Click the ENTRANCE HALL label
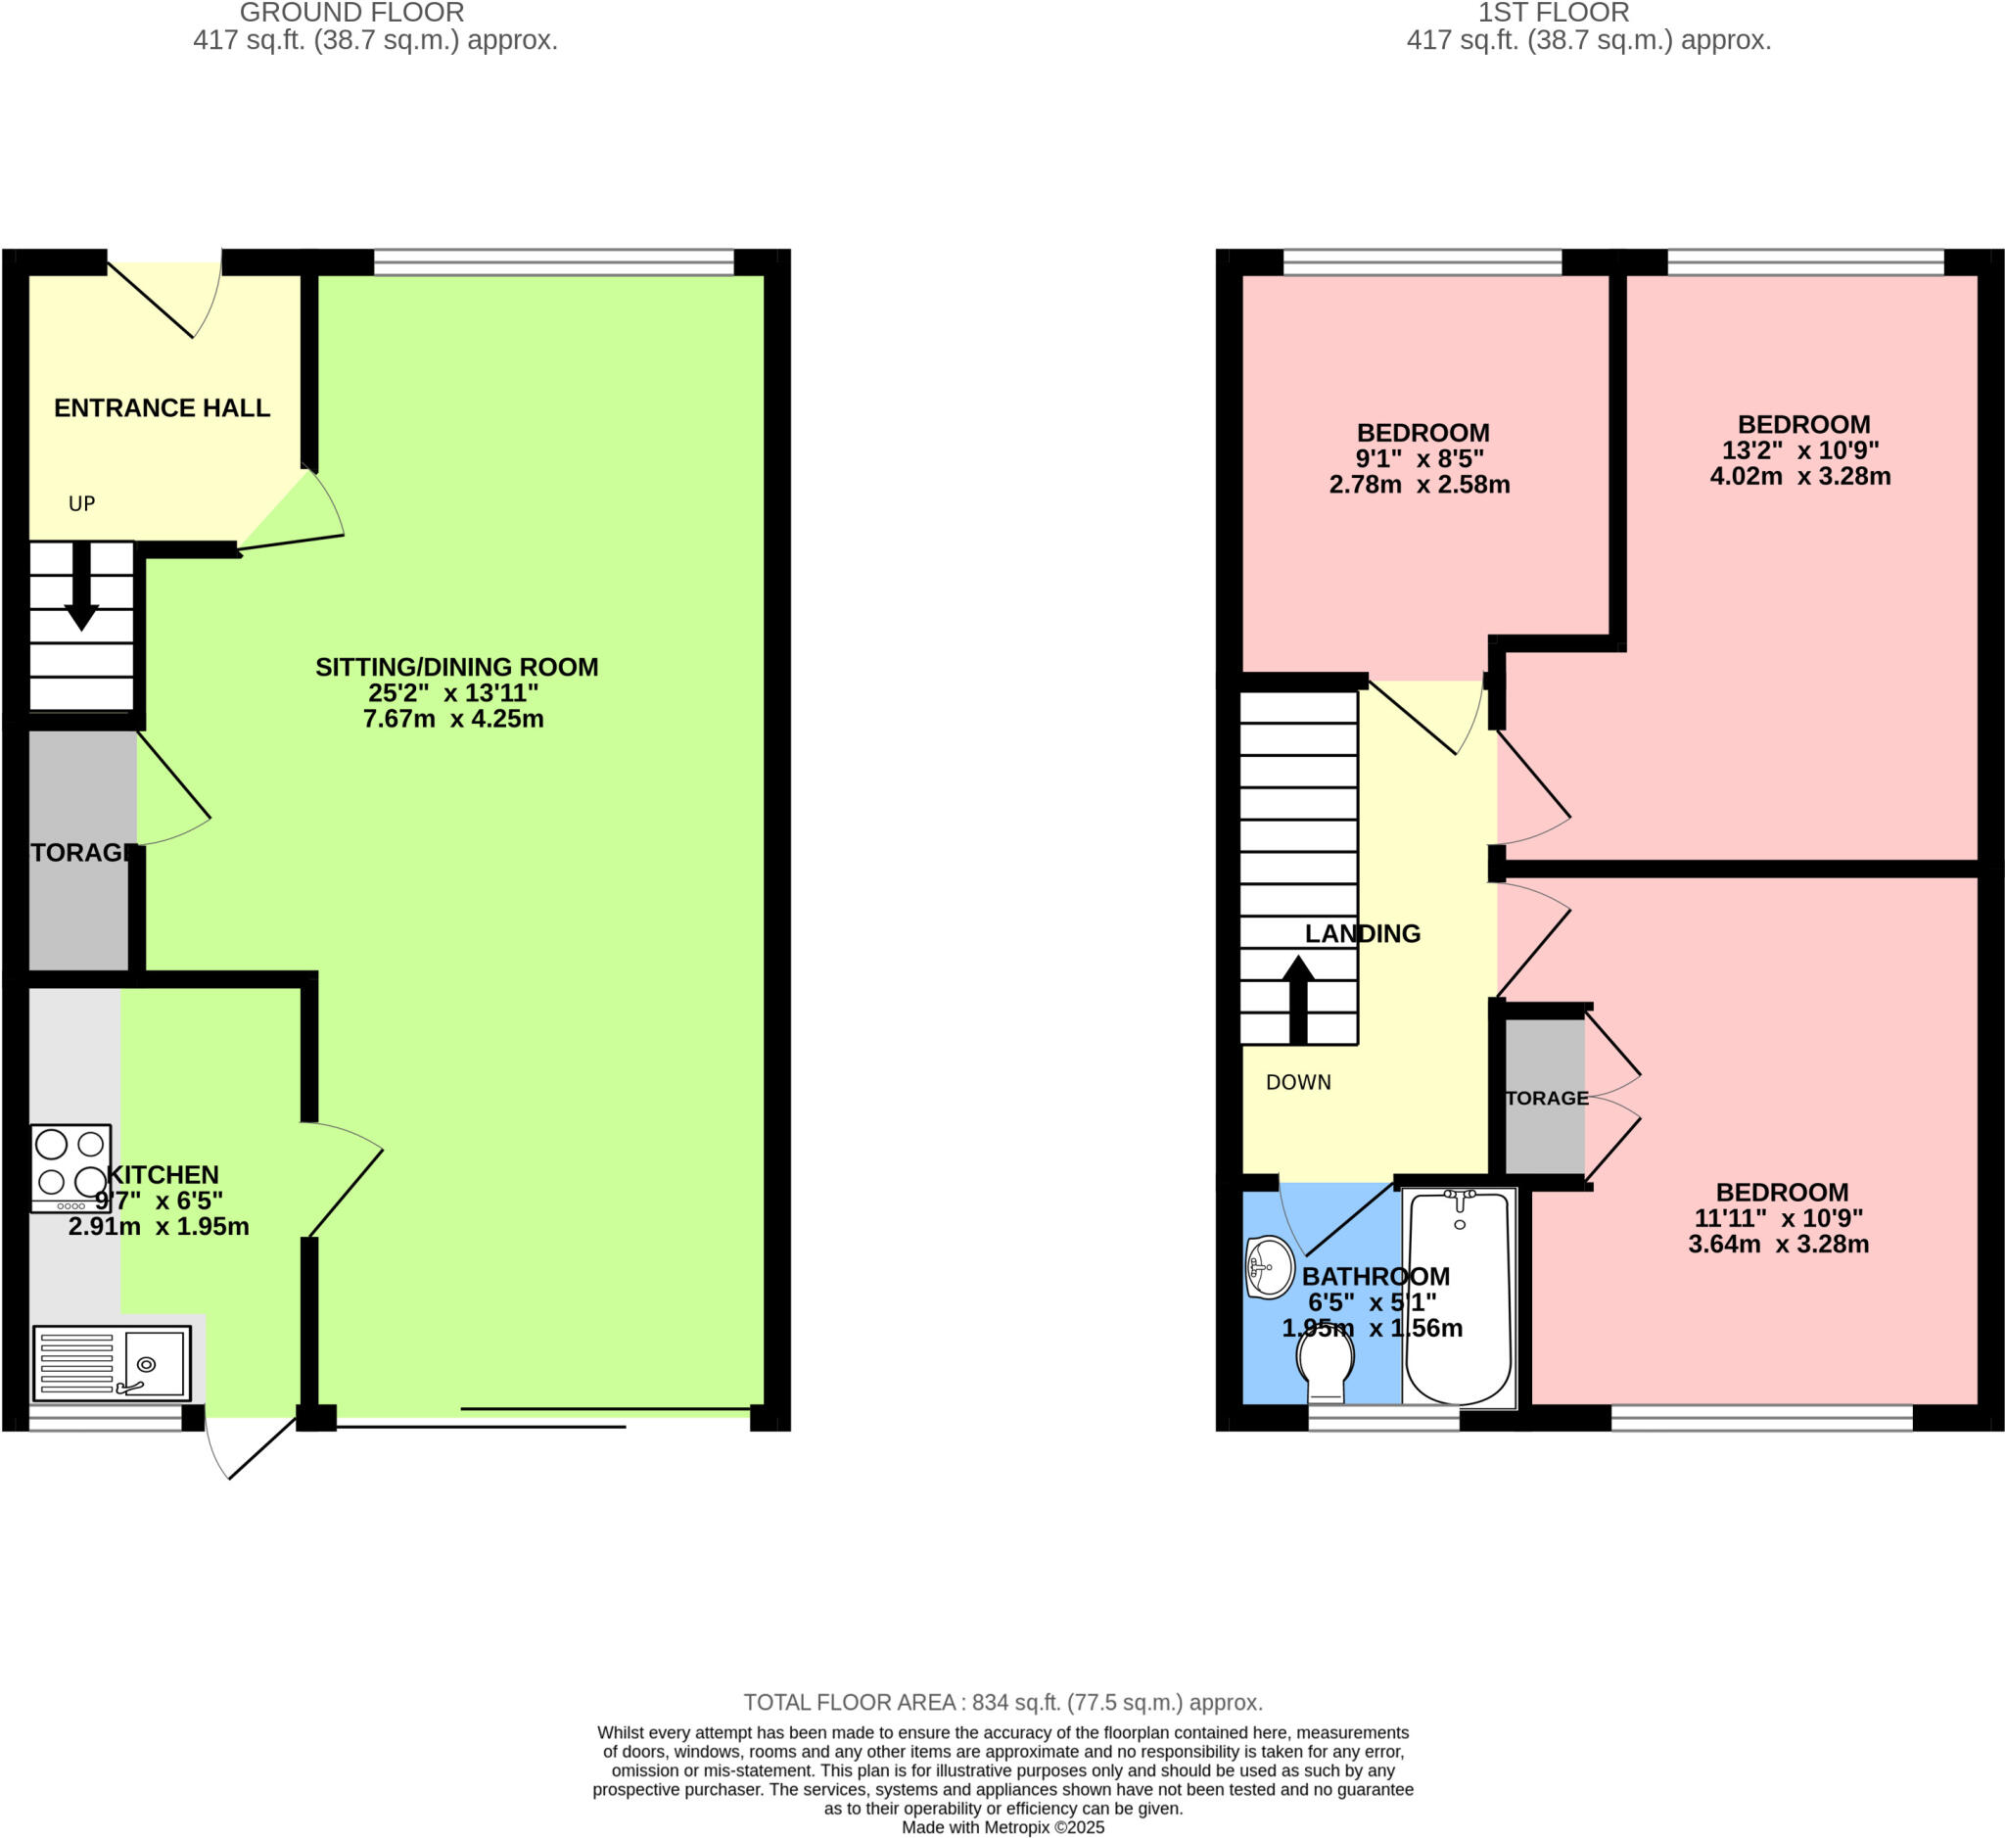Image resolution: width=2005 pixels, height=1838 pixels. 162,407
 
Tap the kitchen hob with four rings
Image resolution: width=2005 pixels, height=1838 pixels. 70,1166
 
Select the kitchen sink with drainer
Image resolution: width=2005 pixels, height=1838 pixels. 112,1362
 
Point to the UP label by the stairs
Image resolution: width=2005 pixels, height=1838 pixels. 81,504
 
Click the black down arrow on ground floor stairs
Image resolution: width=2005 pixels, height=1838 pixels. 81,588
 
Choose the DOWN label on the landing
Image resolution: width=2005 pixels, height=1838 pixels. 1298,1083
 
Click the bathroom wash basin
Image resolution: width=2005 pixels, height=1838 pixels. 1268,1268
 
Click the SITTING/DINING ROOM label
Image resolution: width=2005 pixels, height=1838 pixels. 456,668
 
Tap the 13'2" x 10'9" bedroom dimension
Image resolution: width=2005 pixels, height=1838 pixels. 1800,450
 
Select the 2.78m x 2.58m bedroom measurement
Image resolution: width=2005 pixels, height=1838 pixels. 1420,486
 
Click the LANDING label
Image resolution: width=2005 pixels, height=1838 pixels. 1363,934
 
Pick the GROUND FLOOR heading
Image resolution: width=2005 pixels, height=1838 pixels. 351,13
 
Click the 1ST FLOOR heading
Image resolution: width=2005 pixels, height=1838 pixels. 1553,13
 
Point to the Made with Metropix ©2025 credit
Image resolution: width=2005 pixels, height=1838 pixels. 1002,1828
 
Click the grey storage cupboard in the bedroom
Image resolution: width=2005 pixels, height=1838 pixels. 1545,1097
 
